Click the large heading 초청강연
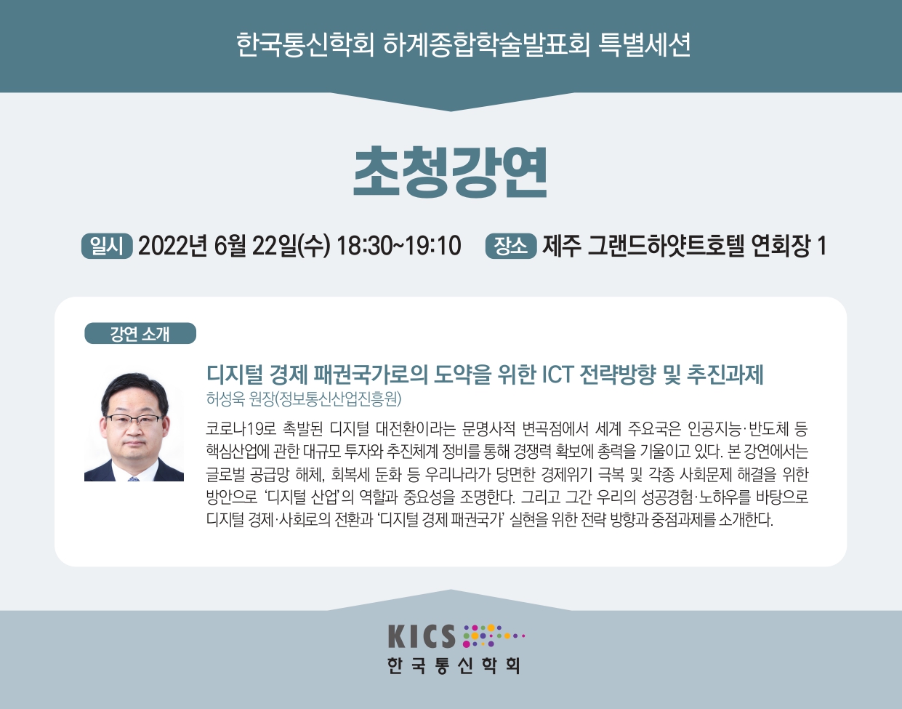451,172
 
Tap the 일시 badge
107,247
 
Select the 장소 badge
510,247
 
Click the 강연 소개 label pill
140,333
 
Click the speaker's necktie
133,479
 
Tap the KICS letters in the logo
422,636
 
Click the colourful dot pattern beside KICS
494,636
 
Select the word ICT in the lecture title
557,374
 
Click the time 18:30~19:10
399,246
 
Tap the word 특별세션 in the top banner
645,45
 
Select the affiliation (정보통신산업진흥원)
338,399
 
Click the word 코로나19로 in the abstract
241,429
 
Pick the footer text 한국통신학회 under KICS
454,666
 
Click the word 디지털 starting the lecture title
235,374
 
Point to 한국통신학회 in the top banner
305,45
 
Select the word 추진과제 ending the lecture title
725,374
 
